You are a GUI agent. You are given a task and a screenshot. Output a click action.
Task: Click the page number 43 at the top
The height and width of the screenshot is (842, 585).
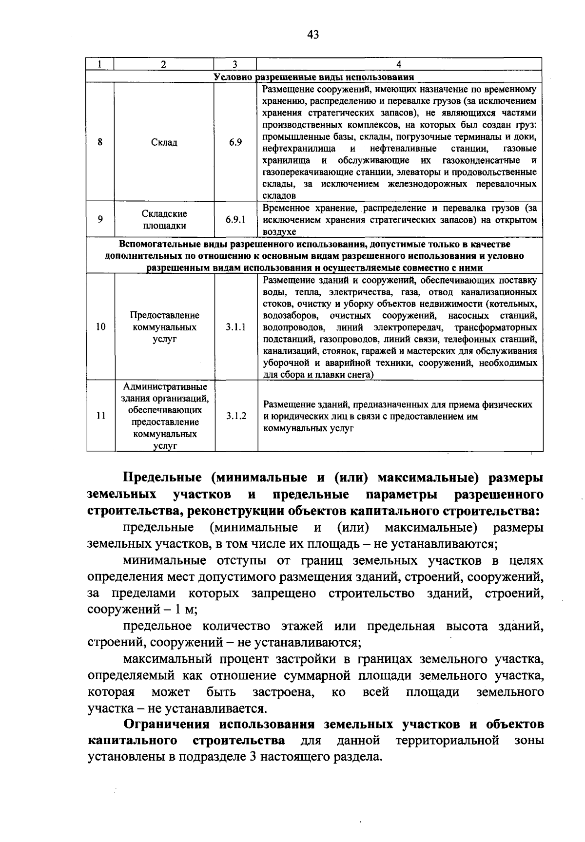(313, 34)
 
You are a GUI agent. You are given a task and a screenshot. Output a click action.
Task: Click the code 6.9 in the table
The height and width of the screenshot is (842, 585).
(235, 142)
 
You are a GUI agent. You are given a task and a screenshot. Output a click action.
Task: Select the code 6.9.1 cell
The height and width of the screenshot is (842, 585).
(235, 220)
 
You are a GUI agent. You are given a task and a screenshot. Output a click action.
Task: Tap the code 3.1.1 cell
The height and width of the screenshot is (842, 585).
(235, 327)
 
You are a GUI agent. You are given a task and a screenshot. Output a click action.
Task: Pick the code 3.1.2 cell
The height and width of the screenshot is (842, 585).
(236, 416)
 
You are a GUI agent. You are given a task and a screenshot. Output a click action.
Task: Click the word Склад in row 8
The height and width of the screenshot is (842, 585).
(164, 142)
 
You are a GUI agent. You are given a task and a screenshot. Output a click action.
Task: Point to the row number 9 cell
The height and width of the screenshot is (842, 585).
(100, 220)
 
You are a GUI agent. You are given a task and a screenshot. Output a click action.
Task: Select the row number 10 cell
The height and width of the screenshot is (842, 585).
(100, 327)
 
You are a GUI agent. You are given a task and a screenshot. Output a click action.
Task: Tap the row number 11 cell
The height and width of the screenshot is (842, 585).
(101, 416)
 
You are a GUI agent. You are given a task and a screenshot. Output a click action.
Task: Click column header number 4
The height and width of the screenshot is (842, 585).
(399, 64)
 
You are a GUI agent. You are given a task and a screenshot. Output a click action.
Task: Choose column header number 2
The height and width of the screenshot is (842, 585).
(163, 64)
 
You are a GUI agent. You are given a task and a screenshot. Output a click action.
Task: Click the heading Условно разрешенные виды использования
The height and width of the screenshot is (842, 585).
(314, 77)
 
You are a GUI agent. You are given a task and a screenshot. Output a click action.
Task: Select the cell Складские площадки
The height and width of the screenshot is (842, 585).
(164, 220)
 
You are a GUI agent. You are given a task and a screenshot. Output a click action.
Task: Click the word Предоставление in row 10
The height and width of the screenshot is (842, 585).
(164, 315)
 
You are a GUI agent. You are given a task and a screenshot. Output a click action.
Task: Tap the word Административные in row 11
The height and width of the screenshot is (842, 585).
(165, 387)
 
